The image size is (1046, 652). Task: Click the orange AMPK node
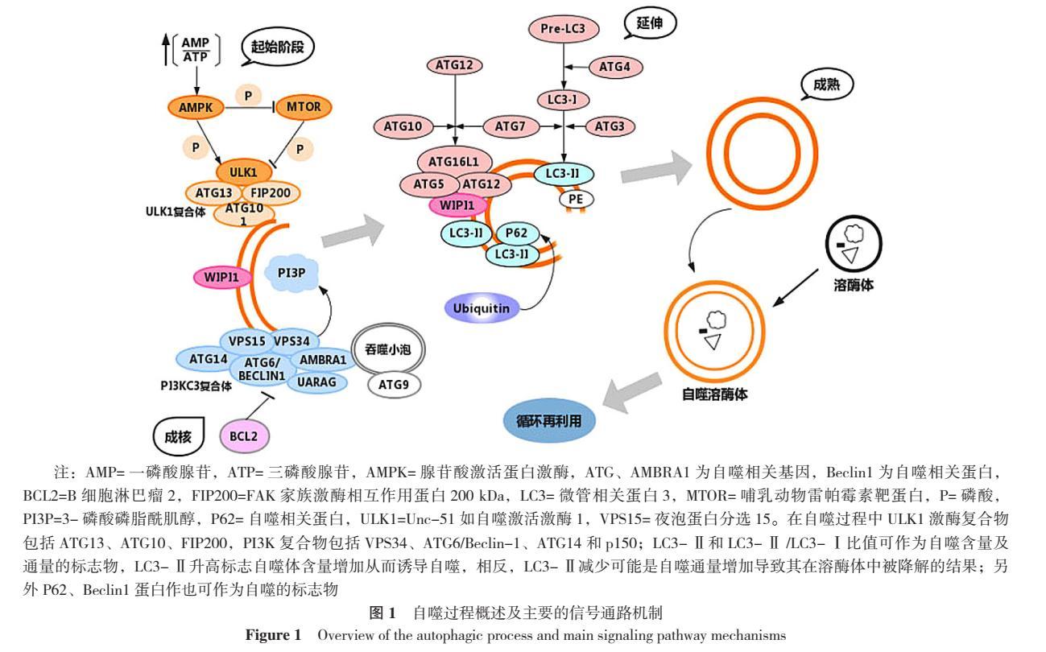[192, 106]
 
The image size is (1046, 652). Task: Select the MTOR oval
[303, 106]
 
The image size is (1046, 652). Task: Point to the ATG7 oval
[509, 126]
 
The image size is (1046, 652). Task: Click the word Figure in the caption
[269, 634]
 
